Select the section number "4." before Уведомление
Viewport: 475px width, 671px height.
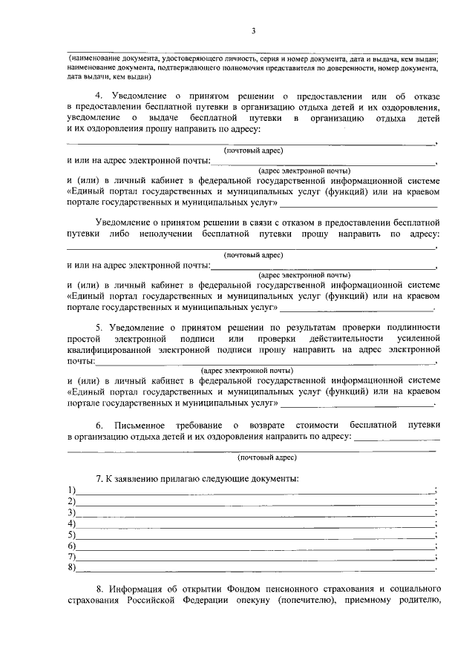pyautogui.click(x=100, y=96)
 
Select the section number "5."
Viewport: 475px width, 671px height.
pyautogui.click(x=100, y=327)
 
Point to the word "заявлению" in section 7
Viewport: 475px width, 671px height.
pyautogui.click(x=137, y=477)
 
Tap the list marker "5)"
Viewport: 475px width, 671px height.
pyautogui.click(x=71, y=535)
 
